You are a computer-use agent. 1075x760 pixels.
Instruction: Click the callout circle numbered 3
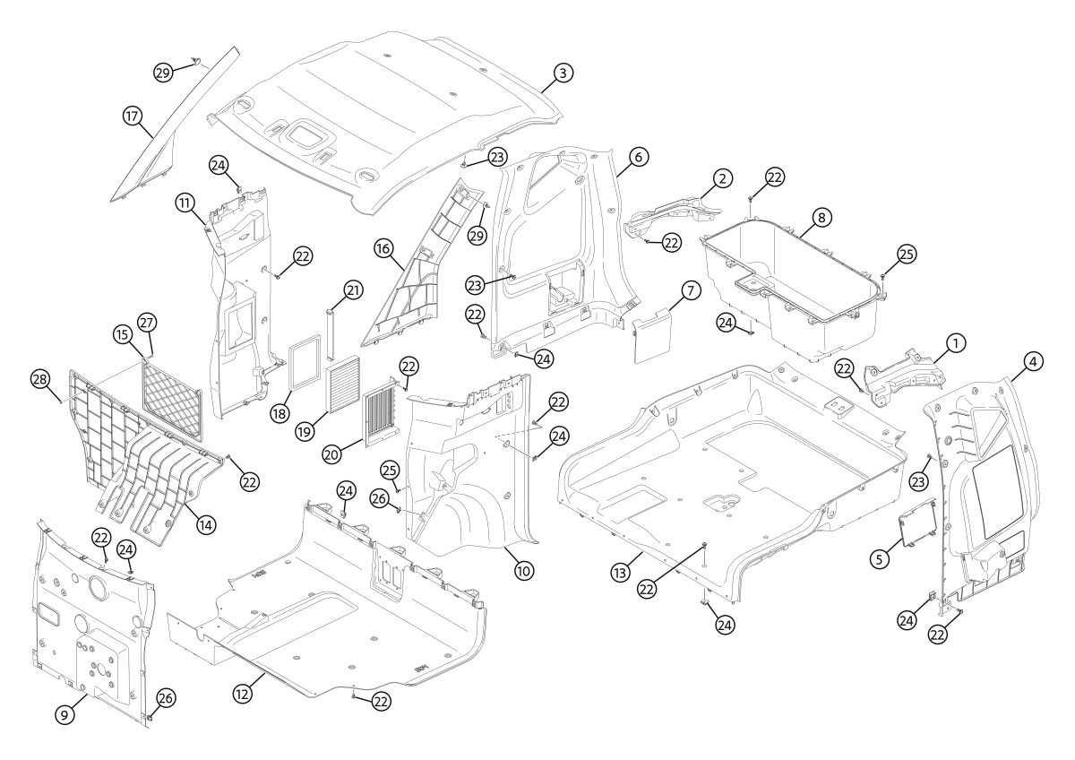pos(561,73)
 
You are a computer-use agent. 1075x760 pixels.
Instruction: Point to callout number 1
pos(956,342)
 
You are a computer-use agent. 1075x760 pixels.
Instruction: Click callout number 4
pos(1032,362)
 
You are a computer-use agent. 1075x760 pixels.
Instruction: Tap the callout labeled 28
pos(39,381)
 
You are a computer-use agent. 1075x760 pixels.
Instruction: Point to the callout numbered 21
pos(352,290)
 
